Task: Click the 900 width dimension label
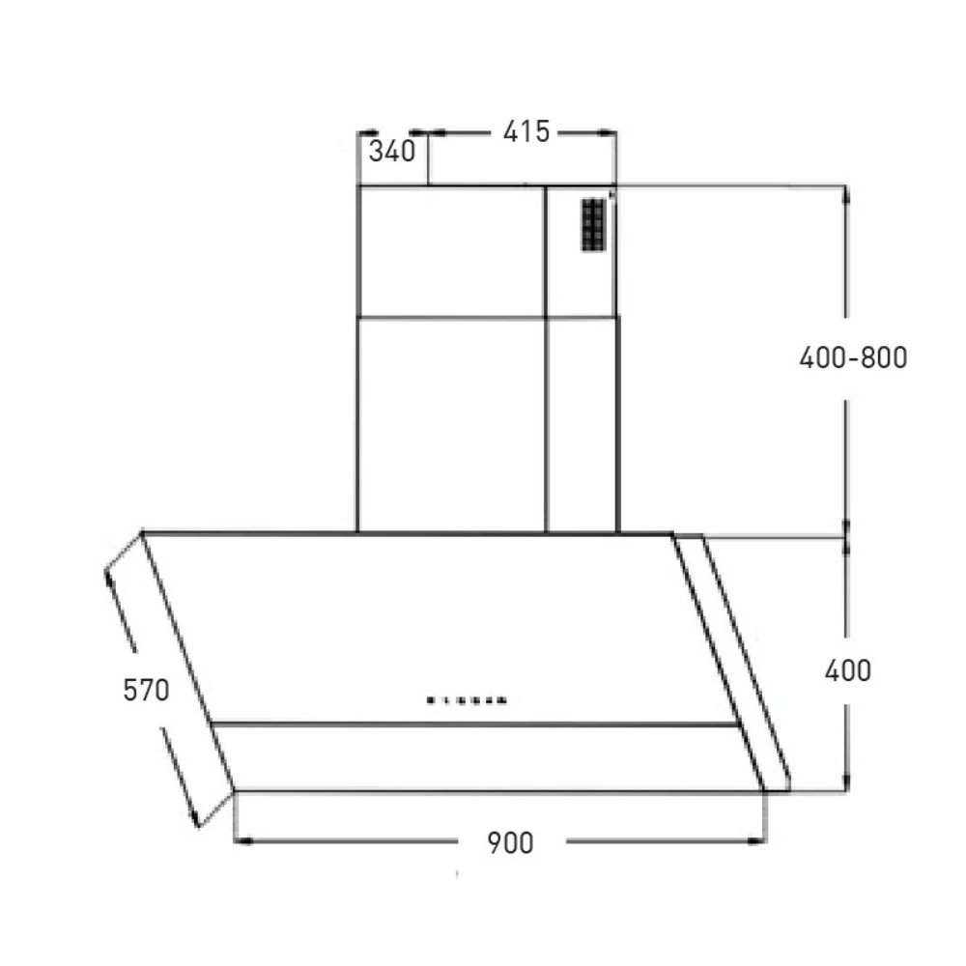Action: coord(510,842)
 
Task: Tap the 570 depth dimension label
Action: coord(146,690)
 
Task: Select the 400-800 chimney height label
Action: coord(853,357)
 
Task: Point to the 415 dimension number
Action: coord(526,131)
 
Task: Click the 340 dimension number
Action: coord(392,151)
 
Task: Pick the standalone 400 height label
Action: coord(848,670)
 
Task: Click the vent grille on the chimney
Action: coord(594,225)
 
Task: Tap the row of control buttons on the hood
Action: coord(467,700)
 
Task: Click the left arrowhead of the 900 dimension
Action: coord(243,841)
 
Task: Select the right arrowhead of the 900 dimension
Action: coord(756,841)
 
